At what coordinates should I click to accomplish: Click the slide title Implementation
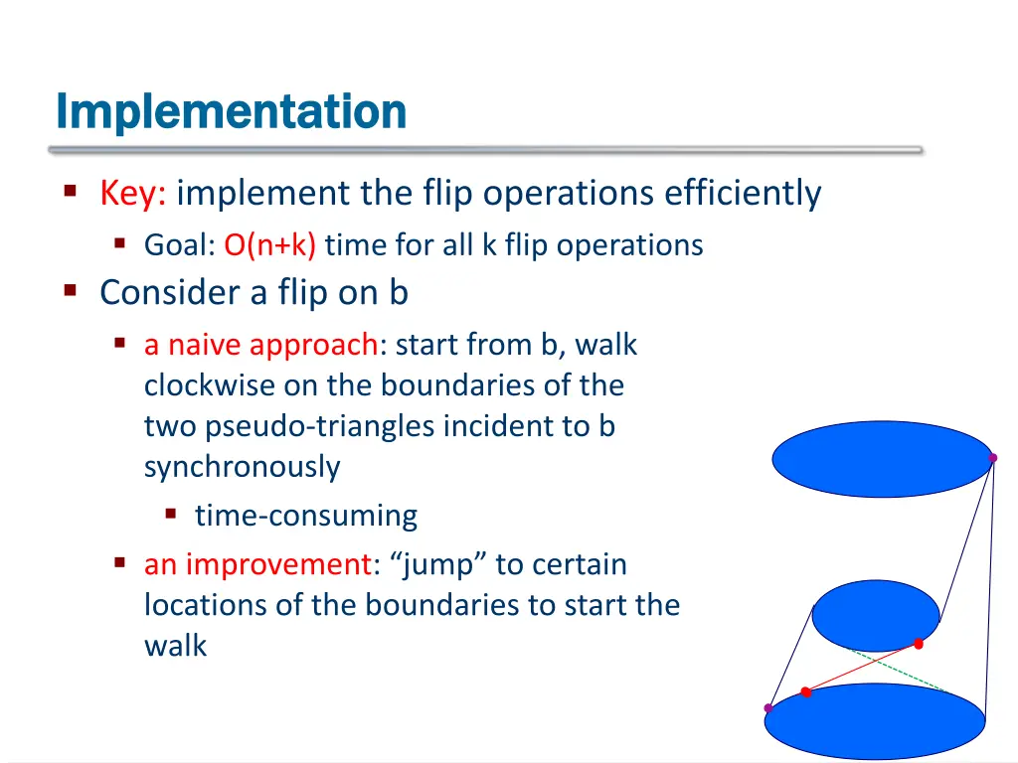[231, 111]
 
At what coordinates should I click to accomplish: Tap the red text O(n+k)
[269, 244]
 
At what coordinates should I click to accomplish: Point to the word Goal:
[179, 244]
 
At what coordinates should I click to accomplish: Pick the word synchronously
[242, 467]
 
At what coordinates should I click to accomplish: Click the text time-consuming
[306, 516]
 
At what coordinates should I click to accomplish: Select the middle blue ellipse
[875, 615]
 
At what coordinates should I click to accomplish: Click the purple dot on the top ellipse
[992, 458]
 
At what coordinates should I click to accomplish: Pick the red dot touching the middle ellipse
[919, 645]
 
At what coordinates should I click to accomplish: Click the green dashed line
[900, 671]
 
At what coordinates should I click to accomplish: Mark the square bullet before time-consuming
[171, 515]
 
